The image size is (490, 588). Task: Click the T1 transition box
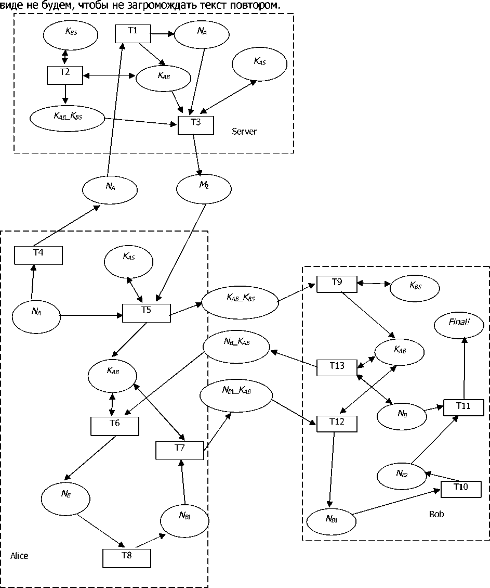tap(133, 34)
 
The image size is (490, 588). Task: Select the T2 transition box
tap(64, 75)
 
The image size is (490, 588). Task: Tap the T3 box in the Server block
tap(196, 125)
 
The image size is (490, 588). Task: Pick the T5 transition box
tap(147, 313)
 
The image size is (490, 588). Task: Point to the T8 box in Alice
tap(126, 558)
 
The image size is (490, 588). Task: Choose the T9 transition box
tap(337, 284)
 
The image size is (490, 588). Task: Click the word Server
tap(244, 132)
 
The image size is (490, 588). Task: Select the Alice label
tap(19, 556)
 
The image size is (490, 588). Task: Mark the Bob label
tap(436, 515)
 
